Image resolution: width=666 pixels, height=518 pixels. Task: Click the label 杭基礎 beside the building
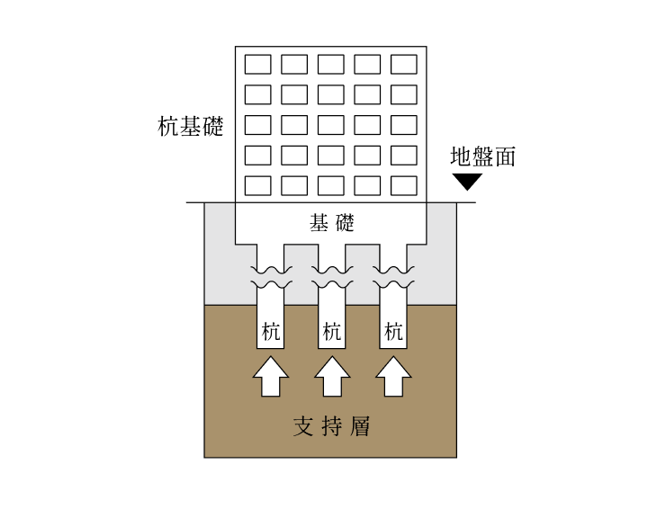click(190, 127)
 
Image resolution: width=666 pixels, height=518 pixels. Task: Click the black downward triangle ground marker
click(467, 182)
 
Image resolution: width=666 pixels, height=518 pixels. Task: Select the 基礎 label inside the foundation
click(331, 223)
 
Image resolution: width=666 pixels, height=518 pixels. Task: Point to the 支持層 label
click(331, 426)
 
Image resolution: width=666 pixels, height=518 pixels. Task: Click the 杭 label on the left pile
click(271, 332)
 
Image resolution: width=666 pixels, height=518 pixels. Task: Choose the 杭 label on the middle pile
click(331, 332)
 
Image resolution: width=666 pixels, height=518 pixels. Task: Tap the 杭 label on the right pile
click(393, 332)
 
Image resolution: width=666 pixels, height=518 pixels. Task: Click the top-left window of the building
click(258, 64)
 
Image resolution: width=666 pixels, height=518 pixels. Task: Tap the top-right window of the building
click(404, 64)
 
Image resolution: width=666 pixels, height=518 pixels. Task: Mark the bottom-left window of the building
click(258, 185)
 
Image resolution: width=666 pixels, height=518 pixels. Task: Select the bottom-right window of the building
click(404, 185)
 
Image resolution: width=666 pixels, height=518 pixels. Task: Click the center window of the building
click(331, 125)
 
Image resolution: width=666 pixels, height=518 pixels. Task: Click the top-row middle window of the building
click(331, 64)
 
